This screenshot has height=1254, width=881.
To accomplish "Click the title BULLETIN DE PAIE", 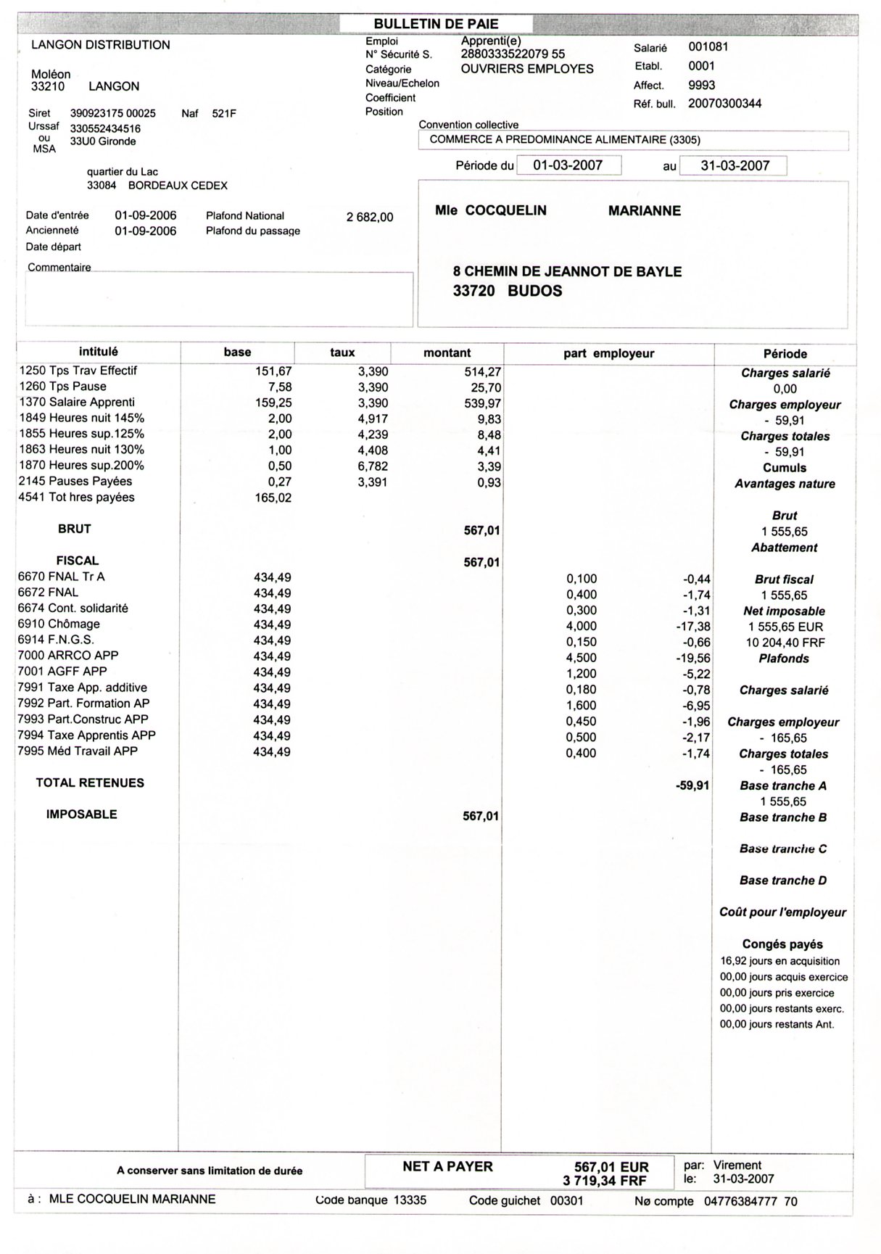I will [x=436, y=24].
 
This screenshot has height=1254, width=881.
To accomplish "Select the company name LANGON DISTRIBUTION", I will [x=101, y=45].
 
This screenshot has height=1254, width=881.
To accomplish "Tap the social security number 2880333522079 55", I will [x=513, y=54].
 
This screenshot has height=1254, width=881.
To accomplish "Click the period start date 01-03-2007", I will [x=568, y=165].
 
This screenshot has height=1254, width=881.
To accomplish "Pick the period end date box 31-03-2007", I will [x=735, y=165].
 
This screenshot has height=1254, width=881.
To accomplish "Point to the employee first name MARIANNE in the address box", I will [x=644, y=211].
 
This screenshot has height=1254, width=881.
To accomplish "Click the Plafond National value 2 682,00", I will [x=370, y=217].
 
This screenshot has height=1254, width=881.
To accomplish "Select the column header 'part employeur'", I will [x=608, y=354].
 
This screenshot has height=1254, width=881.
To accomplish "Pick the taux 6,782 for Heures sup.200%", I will [x=373, y=466].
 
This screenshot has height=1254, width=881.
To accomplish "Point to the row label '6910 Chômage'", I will [x=59, y=624].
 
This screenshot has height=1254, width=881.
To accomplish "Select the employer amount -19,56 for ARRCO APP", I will [x=697, y=659].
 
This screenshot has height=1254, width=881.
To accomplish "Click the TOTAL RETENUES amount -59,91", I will [x=692, y=785].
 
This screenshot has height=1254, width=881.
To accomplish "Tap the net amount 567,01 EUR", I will [x=611, y=1167].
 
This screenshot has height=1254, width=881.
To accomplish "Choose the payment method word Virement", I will [x=737, y=1165].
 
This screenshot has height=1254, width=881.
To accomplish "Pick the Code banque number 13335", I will [x=410, y=1200].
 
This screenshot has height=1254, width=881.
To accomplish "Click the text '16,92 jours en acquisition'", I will [x=779, y=961].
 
